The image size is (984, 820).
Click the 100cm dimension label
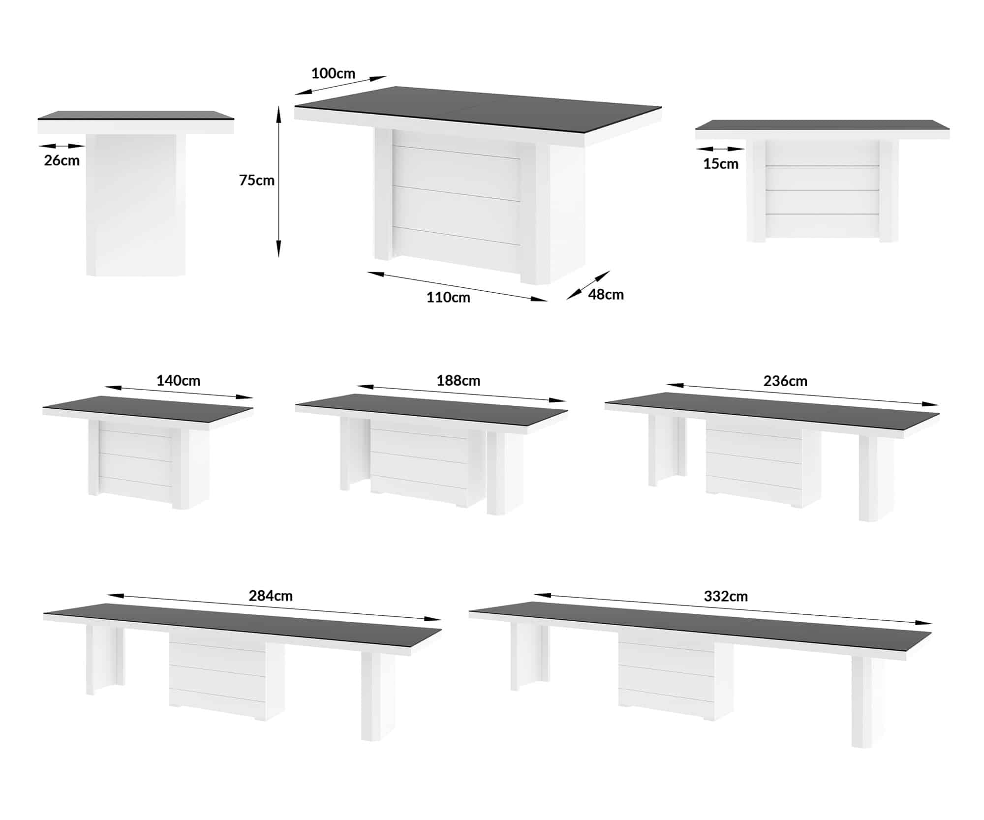pos(333,73)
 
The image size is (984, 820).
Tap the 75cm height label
pos(257,180)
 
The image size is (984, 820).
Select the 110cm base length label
pos(448,297)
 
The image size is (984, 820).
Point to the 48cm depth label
pos(606,294)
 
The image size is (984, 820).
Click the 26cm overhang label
pos(62,160)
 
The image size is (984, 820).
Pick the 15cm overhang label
pos(721,164)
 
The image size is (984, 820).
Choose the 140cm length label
pos(178,380)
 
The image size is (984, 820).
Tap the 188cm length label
pos(458,380)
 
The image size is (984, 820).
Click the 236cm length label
pos(785,381)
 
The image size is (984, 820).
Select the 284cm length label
pos(271,596)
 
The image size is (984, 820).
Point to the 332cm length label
pos(726,596)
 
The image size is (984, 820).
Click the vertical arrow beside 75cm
pos(278,182)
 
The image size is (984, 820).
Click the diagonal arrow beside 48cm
pos(588,285)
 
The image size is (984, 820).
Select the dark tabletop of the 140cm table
pos(148,406)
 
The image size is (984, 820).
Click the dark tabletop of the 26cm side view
pos(136,115)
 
